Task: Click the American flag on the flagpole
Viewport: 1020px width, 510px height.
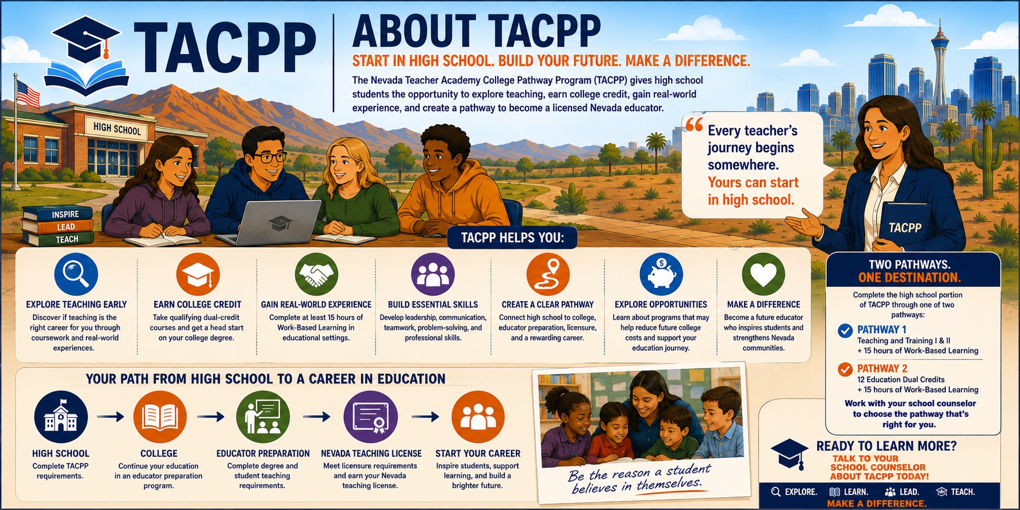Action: (28, 94)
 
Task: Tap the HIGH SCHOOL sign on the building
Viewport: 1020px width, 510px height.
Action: (117, 129)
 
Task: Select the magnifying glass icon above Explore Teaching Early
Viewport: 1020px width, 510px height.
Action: (76, 275)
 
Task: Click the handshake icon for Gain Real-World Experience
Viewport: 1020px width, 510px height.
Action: (316, 275)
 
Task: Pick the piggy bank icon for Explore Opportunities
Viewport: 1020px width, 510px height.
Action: (661, 275)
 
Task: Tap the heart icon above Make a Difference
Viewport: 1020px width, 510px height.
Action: (763, 275)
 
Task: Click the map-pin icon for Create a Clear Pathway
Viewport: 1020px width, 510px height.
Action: (548, 275)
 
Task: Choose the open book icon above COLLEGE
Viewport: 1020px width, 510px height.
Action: (160, 417)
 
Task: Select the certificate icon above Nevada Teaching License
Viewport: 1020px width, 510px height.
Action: (370, 417)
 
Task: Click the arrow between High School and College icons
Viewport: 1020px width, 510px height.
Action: (111, 416)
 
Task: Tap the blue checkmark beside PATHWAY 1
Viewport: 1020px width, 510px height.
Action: (845, 331)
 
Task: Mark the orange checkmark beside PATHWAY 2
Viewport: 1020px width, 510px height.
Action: (845, 369)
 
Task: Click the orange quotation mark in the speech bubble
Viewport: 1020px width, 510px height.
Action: (694, 125)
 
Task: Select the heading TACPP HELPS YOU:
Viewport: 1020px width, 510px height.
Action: (512, 237)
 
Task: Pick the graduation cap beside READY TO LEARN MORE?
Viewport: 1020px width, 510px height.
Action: (789, 454)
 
